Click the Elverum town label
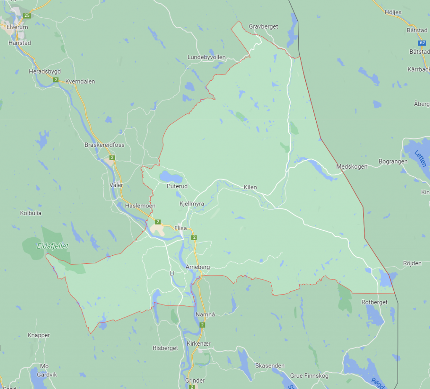pyautogui.click(x=17, y=27)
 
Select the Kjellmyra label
pyautogui.click(x=191, y=204)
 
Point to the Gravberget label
pyautogui.click(x=263, y=26)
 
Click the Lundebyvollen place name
pyautogui.click(x=207, y=57)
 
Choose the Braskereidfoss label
pyautogui.click(x=104, y=145)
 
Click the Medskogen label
pyautogui.click(x=352, y=167)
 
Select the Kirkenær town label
pyautogui.click(x=199, y=344)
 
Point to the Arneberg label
pyautogui.click(x=197, y=267)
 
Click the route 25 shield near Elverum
pyautogui.click(x=27, y=16)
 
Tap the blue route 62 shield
pyautogui.click(x=422, y=43)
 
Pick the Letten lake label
pyautogui.click(x=420, y=158)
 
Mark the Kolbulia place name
pyautogui.click(x=31, y=213)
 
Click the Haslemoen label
pyautogui.click(x=140, y=206)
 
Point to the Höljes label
pyautogui.click(x=393, y=12)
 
